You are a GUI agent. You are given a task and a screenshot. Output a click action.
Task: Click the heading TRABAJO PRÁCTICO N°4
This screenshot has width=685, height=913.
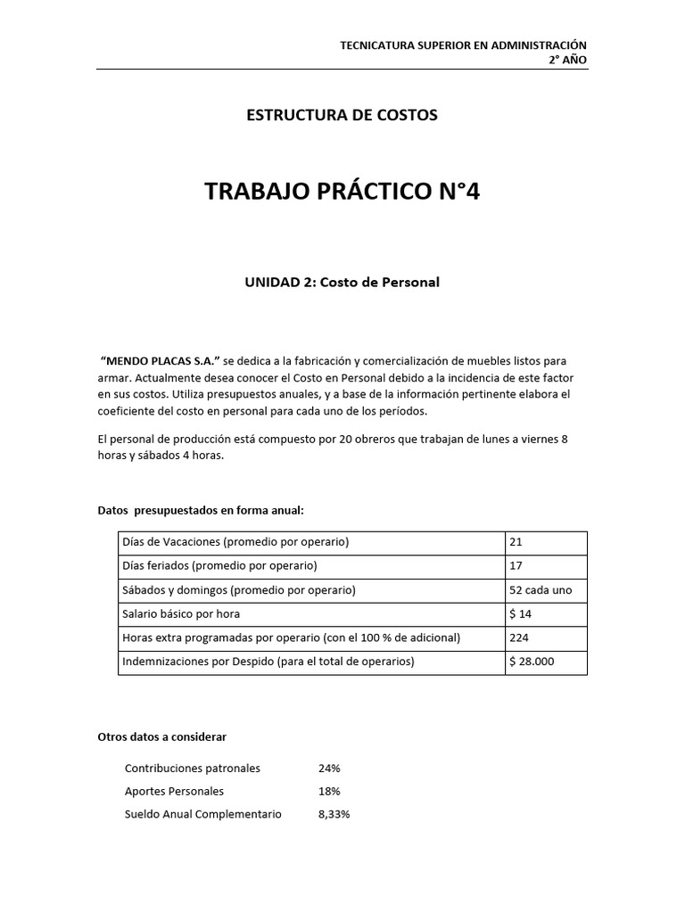point(342,192)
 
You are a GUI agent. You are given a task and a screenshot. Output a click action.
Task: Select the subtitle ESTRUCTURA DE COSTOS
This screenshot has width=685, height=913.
point(342,115)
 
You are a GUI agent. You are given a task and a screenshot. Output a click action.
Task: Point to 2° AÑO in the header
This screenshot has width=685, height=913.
point(567,60)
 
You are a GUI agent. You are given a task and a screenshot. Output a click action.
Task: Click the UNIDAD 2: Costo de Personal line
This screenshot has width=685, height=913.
point(342,282)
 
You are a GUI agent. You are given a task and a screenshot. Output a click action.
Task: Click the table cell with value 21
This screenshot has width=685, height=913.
point(516,543)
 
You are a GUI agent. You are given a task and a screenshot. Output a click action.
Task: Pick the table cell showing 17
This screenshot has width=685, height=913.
point(516,566)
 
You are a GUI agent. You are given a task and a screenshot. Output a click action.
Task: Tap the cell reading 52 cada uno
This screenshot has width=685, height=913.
point(541,590)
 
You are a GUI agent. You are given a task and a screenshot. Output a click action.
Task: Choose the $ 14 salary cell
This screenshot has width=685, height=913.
point(520,614)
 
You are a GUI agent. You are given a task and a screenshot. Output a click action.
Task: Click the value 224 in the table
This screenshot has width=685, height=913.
point(519,638)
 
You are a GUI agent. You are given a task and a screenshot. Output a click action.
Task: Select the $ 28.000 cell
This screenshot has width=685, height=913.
point(532,662)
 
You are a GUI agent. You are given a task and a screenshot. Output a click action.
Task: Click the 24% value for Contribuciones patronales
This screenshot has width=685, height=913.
point(329,768)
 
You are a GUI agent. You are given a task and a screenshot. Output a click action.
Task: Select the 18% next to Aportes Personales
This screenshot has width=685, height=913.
point(329,791)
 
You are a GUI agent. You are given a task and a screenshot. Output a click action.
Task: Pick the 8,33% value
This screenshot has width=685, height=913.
point(334,814)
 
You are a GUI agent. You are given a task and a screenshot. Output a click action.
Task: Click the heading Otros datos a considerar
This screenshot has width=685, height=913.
point(161,736)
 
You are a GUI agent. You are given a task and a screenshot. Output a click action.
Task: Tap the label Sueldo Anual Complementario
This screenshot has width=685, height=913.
point(202,814)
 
